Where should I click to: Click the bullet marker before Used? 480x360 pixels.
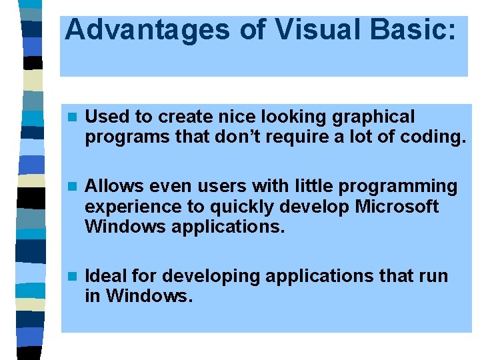[73, 117]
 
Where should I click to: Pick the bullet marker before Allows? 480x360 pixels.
[73, 187]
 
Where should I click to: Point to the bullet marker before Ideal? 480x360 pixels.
[73, 276]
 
